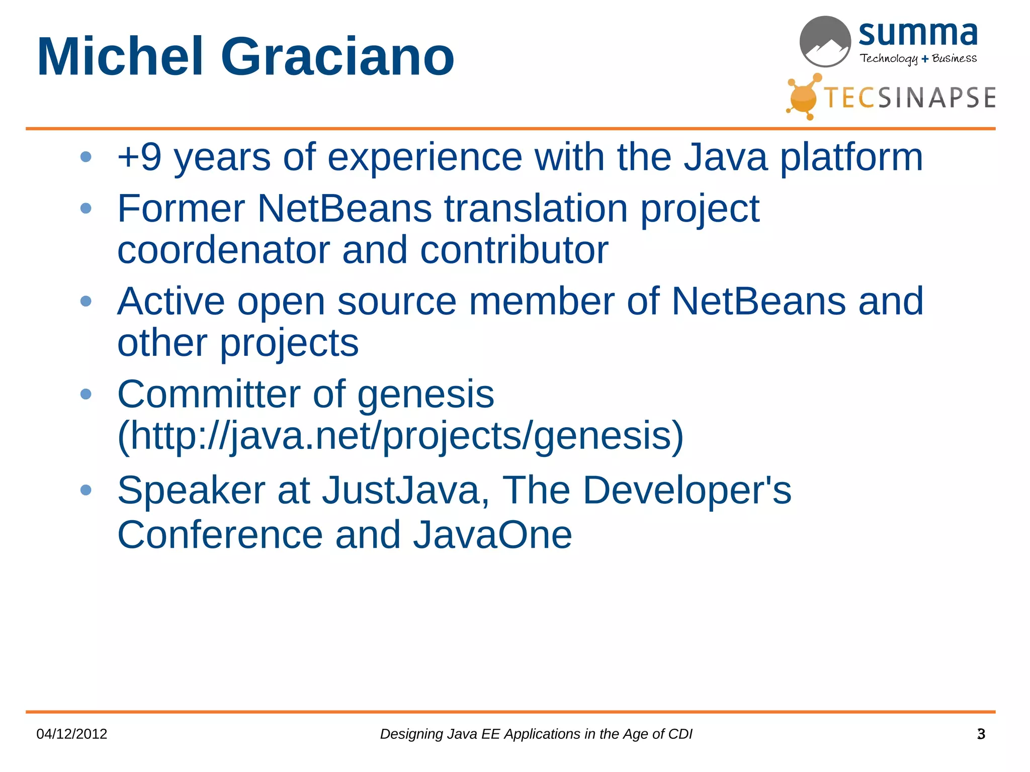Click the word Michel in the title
pos(120,56)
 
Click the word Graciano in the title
pos(337,56)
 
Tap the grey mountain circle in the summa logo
pos(825,42)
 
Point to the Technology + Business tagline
pos(918,59)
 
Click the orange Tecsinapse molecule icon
pos(803,96)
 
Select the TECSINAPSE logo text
pos(909,98)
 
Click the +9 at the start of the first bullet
pos(139,157)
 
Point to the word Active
pos(171,302)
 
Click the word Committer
pos(209,395)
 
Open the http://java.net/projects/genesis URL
pos(400,436)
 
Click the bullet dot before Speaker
pos(86,490)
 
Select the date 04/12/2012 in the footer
pos(72,734)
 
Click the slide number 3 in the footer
pos(981,734)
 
